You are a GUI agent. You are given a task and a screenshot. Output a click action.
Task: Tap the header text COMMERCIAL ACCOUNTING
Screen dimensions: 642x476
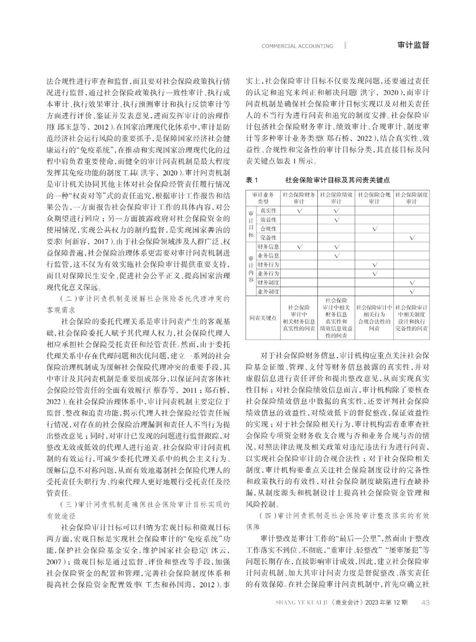297,46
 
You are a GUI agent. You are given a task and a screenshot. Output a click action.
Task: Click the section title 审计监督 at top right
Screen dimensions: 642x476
413,45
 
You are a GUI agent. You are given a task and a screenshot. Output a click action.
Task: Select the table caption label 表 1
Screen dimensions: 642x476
251,180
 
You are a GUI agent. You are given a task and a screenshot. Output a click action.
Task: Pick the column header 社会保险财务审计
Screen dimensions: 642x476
299,198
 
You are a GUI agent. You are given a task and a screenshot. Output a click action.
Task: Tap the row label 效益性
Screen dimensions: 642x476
268,220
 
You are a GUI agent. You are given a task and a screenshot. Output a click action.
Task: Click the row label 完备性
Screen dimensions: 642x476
268,238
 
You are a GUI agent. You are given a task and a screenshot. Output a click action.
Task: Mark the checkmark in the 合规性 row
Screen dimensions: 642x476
374,229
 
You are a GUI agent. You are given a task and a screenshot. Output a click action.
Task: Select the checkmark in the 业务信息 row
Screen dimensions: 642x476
336,256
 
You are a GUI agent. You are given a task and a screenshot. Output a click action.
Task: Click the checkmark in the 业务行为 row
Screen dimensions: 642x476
374,273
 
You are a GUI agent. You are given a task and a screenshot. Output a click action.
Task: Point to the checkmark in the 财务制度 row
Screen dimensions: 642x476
412,283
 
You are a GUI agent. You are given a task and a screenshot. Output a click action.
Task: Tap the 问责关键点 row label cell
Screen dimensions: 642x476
262,317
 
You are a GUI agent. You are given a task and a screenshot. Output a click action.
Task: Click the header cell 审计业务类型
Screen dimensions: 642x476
262,198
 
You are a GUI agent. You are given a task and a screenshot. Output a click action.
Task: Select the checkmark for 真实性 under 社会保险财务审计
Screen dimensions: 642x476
299,211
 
